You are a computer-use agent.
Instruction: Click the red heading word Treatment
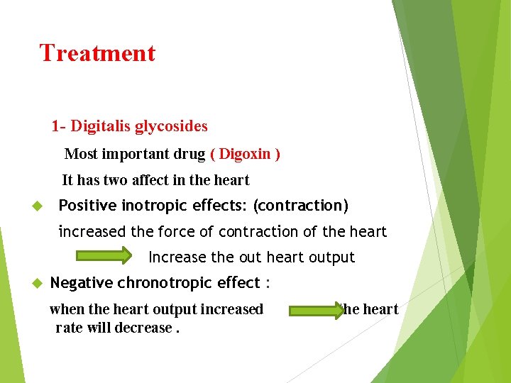[97, 53]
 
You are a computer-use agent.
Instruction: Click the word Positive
[87, 206]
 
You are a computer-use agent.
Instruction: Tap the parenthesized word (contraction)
[301, 206]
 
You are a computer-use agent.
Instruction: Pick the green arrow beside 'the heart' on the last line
[315, 309]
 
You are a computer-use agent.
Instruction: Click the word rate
[68, 328]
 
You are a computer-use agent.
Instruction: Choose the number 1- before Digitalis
[58, 126]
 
